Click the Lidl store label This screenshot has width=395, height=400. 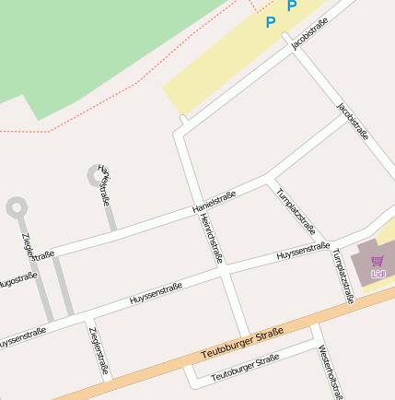pos(378,274)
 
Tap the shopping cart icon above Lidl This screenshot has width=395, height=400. pos(378,262)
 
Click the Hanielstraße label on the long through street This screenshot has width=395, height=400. pos(215,202)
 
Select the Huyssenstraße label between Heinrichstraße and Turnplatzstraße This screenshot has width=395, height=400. pos(303,250)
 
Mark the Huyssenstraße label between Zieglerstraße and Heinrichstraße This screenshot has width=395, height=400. pos(156,293)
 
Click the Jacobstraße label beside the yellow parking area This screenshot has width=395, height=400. pos(309,34)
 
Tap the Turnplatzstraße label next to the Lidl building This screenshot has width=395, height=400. pos(343,276)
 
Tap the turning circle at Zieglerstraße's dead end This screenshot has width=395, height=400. pos(16,207)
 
